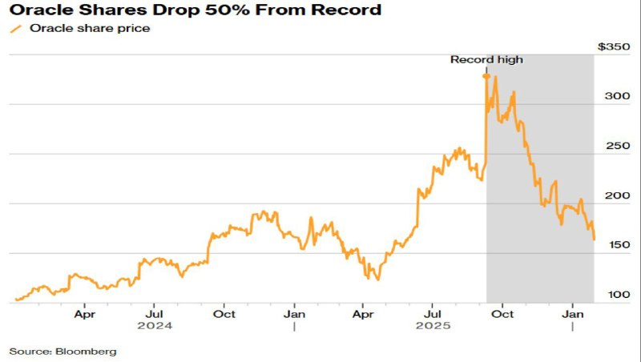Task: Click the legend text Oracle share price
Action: [90, 29]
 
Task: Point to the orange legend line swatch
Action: [16, 29]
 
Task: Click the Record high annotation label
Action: [486, 59]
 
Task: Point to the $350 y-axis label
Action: [614, 47]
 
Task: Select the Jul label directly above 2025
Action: [433, 315]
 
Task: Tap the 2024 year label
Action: [155, 327]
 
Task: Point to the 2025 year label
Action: [433, 327]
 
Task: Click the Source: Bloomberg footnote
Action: [63, 351]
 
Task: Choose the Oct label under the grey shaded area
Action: [502, 315]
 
